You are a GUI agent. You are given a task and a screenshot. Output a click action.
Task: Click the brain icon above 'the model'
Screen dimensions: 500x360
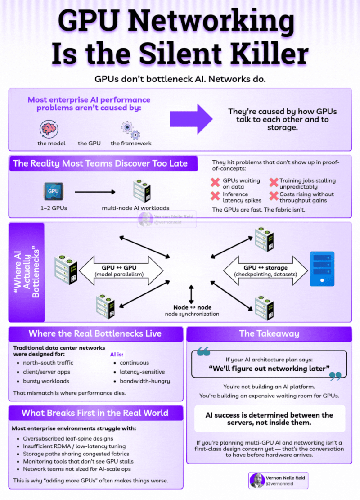click(x=49, y=128)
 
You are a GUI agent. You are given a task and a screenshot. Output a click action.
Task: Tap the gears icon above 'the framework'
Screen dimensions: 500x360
click(x=130, y=129)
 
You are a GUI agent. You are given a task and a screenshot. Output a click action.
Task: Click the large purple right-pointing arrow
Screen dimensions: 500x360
click(x=191, y=118)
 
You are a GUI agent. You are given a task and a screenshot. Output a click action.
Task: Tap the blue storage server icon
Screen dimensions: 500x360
click(x=322, y=269)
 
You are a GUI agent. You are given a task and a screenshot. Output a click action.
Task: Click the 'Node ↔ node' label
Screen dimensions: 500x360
click(x=192, y=307)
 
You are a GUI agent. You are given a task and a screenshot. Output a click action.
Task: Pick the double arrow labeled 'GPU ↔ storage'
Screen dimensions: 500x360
click(x=265, y=270)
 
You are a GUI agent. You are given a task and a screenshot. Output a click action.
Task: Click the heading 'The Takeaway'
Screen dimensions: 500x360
click(x=269, y=333)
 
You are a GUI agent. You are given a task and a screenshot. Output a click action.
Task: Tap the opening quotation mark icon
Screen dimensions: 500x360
click(x=204, y=351)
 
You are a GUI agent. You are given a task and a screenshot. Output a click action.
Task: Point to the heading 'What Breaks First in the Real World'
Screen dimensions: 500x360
click(x=95, y=413)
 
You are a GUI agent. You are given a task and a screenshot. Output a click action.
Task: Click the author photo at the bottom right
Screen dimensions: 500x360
click(x=257, y=480)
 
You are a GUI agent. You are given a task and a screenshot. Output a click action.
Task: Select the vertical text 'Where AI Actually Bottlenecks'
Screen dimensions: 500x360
click(x=27, y=271)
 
